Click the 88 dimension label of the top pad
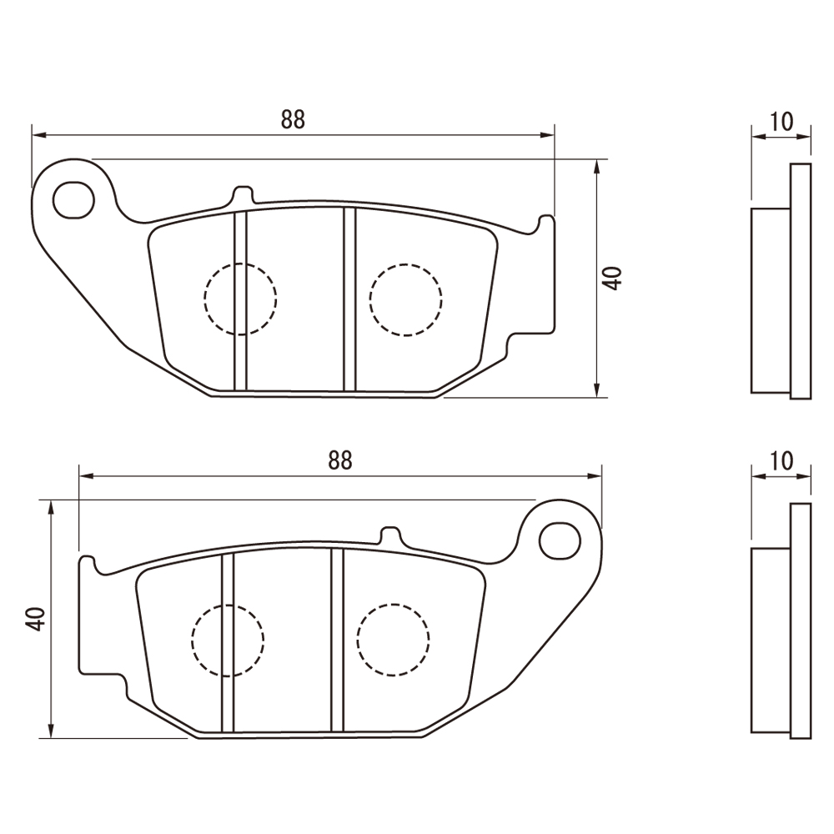[x=293, y=119]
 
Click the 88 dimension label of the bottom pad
[x=340, y=460]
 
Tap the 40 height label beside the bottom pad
[x=36, y=619]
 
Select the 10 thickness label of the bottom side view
[x=781, y=460]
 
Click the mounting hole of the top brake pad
[x=74, y=200]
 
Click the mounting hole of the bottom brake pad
[x=560, y=540]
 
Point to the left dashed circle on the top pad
[x=240, y=299]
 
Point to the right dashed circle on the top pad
[x=406, y=299]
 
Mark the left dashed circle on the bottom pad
[x=228, y=640]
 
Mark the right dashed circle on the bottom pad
[x=393, y=640]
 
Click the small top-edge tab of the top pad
[x=243, y=194]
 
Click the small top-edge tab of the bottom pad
[x=390, y=535]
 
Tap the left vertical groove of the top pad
[x=240, y=301]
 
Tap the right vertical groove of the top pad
[x=349, y=299]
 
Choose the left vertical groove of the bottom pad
[x=228, y=642]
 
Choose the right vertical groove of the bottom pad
[x=337, y=640]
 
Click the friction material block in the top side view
[x=771, y=300]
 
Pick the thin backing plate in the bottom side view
[x=801, y=620]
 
